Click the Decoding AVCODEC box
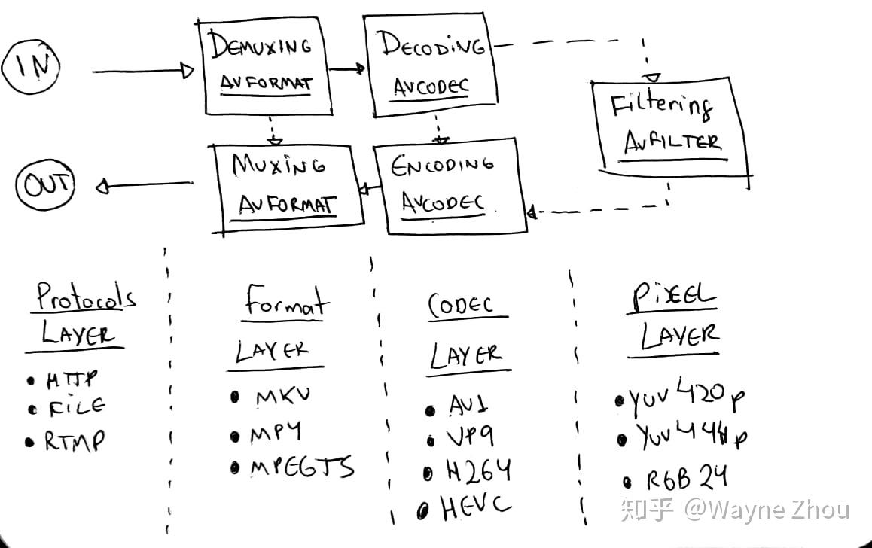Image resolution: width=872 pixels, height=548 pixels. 430,66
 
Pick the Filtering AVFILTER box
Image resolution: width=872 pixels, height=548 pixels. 669,126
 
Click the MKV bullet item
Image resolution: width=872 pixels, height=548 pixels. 282,397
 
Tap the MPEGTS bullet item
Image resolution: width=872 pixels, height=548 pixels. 301,467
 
